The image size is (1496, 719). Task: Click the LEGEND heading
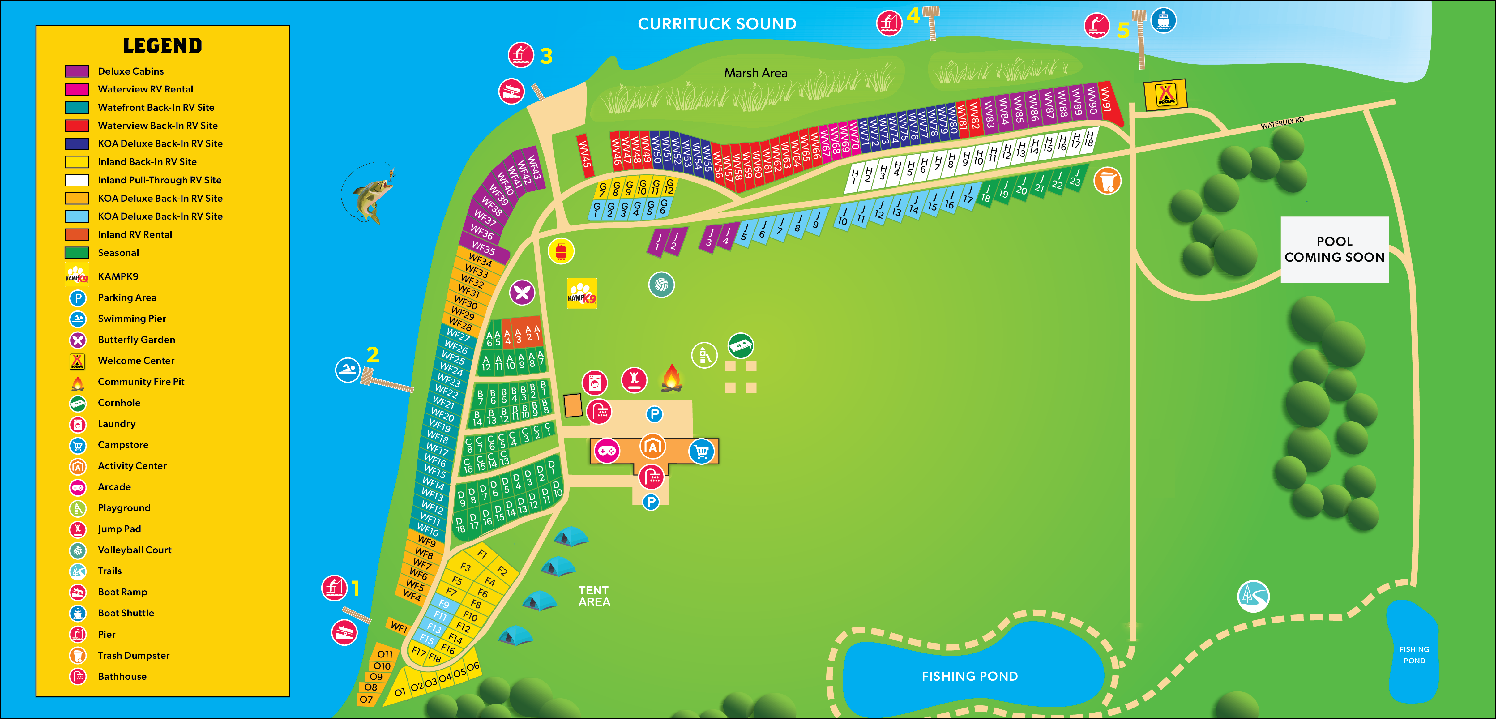(163, 46)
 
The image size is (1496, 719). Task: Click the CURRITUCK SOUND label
(717, 24)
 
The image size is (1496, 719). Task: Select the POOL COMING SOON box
(1334, 250)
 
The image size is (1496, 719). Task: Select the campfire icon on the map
(671, 378)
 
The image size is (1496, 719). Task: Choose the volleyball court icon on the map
(661, 285)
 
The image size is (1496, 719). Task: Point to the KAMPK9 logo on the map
(581, 293)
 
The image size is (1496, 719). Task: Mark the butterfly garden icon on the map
(522, 292)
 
